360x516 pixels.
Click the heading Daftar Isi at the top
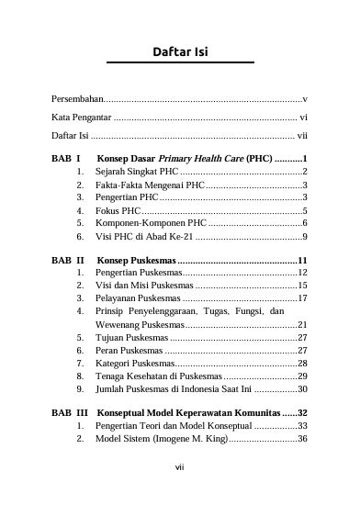pyautogui.click(x=179, y=51)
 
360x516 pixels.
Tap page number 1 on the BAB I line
pyautogui.click(x=304, y=158)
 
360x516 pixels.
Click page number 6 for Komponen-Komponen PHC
pyautogui.click(x=304, y=223)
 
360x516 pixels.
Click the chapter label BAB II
pyautogui.click(x=68, y=261)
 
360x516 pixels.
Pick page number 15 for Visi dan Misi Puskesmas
pyautogui.click(x=302, y=286)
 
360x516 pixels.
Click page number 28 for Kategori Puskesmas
pyautogui.click(x=302, y=364)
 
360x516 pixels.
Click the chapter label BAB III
pyautogui.click(x=70, y=414)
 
